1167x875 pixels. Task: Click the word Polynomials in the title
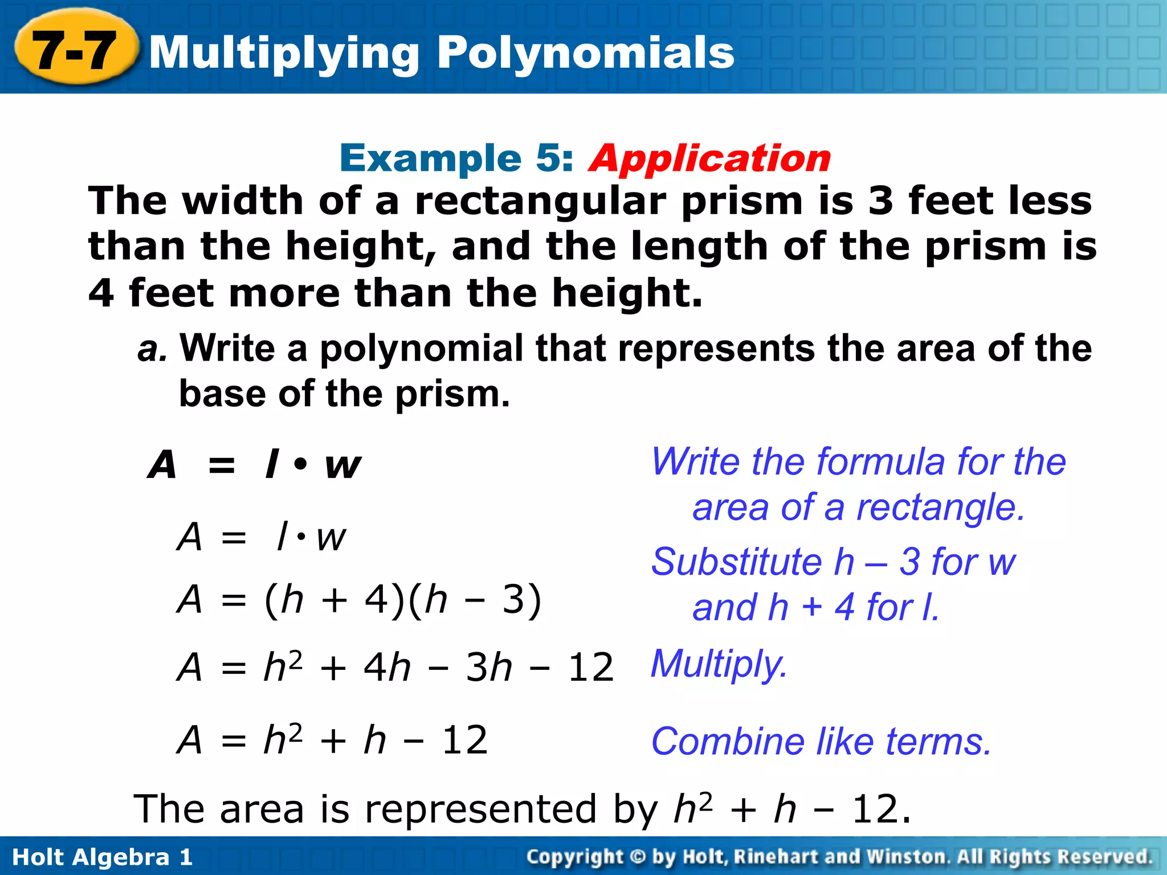click(586, 53)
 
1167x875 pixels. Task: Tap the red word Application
click(710, 158)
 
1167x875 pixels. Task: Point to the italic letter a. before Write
click(152, 349)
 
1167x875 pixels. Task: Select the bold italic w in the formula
click(342, 465)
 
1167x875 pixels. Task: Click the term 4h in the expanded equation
click(387, 667)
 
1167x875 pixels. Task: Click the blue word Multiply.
click(719, 665)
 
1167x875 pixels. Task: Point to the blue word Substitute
click(736, 562)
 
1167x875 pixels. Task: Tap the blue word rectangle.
click(940, 508)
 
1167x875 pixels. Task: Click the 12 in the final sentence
click(875, 809)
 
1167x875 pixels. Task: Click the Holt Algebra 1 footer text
click(103, 857)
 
